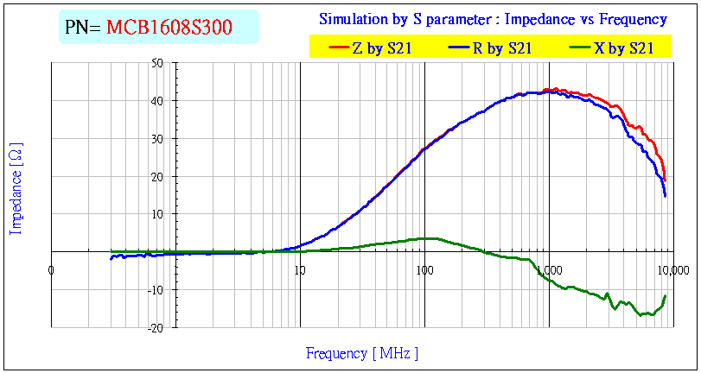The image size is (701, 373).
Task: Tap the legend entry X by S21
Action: click(x=623, y=48)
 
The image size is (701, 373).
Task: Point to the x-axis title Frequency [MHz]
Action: click(x=362, y=353)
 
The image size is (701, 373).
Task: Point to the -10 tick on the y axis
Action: click(x=32, y=290)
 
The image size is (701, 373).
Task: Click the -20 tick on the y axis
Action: click(x=32, y=328)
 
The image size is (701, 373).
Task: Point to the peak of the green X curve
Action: click(x=428, y=237)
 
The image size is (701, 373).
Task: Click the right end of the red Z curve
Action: click(x=665, y=180)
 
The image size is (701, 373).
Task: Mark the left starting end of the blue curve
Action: click(x=111, y=257)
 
